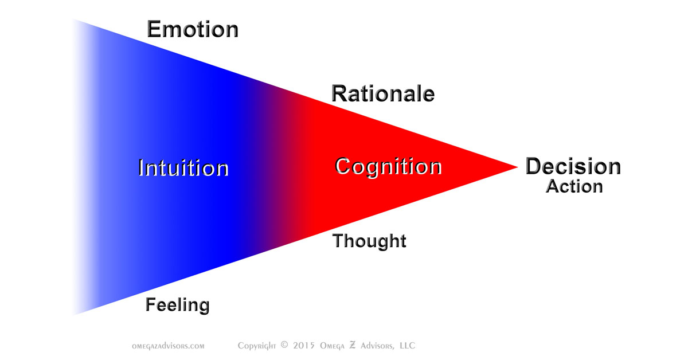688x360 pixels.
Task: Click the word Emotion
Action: click(x=193, y=29)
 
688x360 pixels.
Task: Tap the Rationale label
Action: click(x=383, y=93)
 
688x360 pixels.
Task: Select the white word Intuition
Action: click(x=183, y=168)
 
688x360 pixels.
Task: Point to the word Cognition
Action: click(x=388, y=167)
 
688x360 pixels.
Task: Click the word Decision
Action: click(x=573, y=166)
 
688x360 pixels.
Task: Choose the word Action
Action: click(x=574, y=186)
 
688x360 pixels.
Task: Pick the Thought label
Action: click(x=369, y=241)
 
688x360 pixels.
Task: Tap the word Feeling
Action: click(x=178, y=305)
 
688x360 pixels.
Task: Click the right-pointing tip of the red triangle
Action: click(x=518, y=167)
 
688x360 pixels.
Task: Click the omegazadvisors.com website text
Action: click(x=168, y=346)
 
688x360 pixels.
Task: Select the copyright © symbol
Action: click(x=284, y=345)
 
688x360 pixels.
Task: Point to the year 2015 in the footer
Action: click(x=303, y=345)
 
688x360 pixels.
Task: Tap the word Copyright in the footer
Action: click(x=257, y=346)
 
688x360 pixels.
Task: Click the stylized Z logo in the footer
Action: click(x=352, y=345)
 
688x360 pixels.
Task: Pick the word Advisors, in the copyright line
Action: click(x=377, y=346)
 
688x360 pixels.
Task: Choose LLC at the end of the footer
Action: click(x=407, y=345)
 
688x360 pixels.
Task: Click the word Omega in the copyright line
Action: click(x=332, y=346)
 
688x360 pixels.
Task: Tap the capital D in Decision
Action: click(x=534, y=166)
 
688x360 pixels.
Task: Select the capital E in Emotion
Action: click(x=154, y=29)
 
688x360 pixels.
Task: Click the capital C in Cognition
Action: click(x=342, y=166)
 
